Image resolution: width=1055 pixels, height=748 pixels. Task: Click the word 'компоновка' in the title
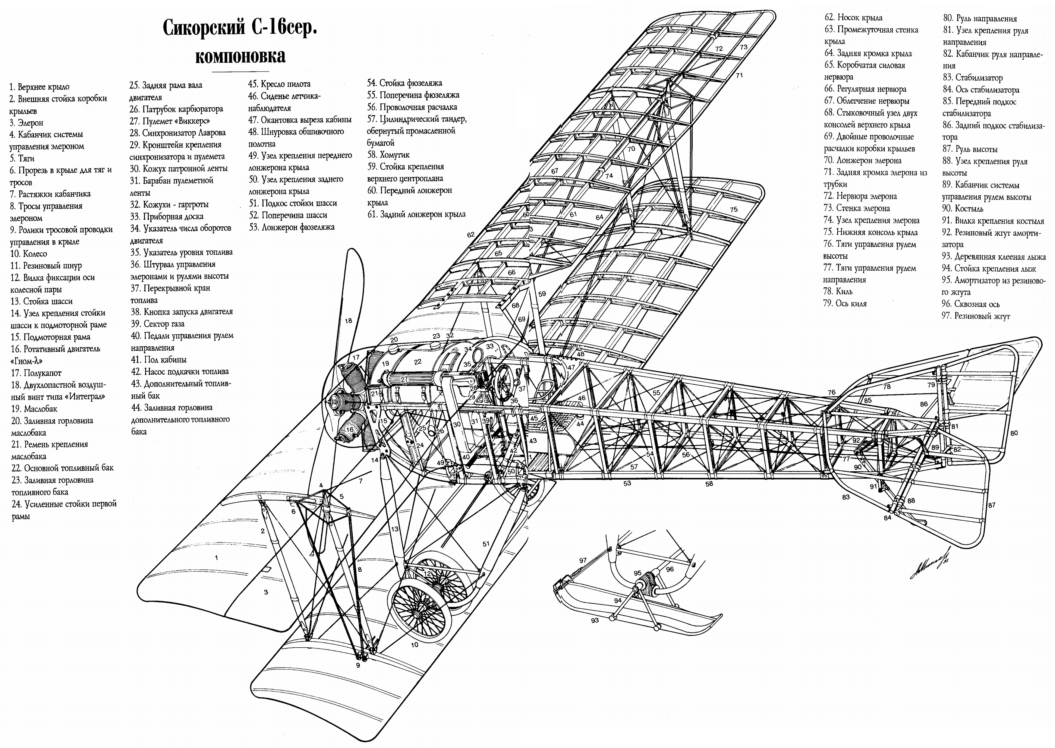coord(240,56)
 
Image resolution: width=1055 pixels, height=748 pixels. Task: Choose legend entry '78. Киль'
coord(838,292)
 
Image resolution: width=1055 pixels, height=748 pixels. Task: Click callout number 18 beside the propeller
coord(348,320)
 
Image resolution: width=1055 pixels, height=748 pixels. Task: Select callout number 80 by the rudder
coord(1014,433)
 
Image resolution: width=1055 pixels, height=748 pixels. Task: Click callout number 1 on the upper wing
coord(216,558)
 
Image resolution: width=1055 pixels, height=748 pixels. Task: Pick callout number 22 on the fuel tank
coord(418,362)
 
